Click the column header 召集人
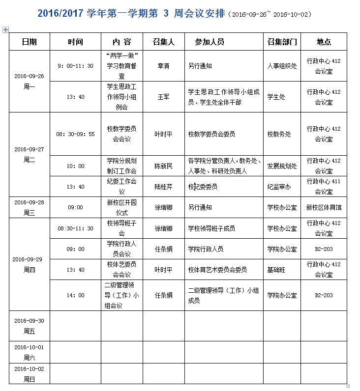pyautogui.click(x=164, y=42)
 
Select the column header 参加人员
pyautogui.click(x=210, y=42)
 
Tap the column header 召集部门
pyautogui.click(x=282, y=42)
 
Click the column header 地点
pyautogui.click(x=324, y=42)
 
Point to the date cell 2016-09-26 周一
pyautogui.click(x=29, y=81)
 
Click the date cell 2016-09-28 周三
pyautogui.click(x=29, y=207)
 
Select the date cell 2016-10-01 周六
pyautogui.click(x=29, y=352)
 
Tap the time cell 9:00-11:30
pyautogui.click(x=75, y=66)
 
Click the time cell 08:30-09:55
pyautogui.click(x=75, y=134)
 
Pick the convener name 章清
pyautogui.click(x=163, y=66)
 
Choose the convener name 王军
pyautogui.click(x=163, y=97)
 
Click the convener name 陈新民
pyautogui.click(x=163, y=166)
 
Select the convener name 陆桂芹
pyautogui.click(x=163, y=187)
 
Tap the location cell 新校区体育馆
pyautogui.click(x=324, y=207)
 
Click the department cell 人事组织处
pyautogui.click(x=282, y=66)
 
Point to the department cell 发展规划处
pyautogui.click(x=282, y=166)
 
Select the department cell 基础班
pyautogui.click(x=278, y=270)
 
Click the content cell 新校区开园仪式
pyautogui.click(x=121, y=207)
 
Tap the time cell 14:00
pyautogui.click(x=75, y=295)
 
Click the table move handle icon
pyautogui.click(x=5, y=30)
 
